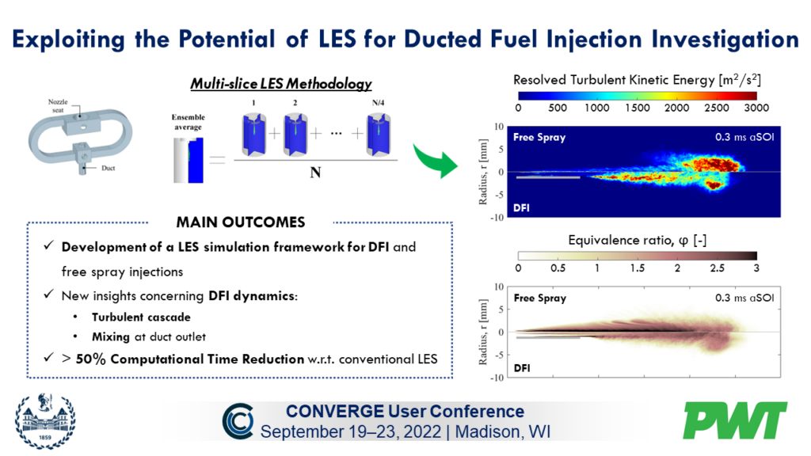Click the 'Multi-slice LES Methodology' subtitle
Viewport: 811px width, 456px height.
280,83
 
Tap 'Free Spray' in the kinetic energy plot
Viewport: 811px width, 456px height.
540,137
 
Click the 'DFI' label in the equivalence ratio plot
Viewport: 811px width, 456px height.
523,367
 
